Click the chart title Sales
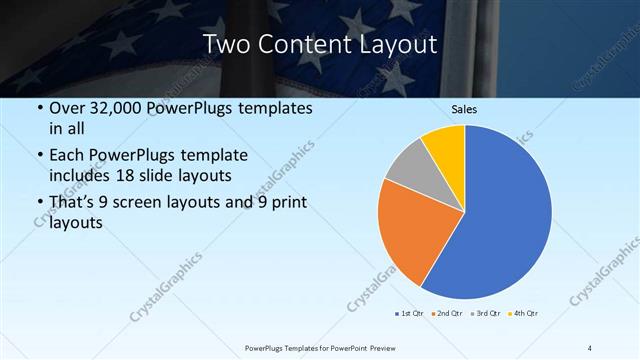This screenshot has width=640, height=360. [464, 108]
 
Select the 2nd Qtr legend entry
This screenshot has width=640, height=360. [446, 314]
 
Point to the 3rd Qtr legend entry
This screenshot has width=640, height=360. [485, 314]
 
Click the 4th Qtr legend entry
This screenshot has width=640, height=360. [523, 314]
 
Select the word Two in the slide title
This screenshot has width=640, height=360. [224, 44]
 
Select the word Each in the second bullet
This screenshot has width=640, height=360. [67, 156]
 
